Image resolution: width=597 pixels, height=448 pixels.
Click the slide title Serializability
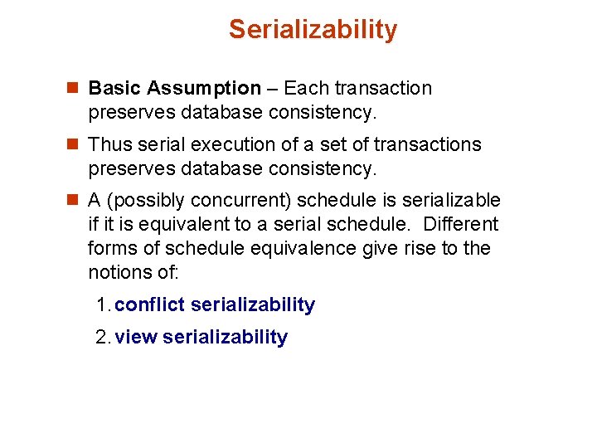(x=313, y=30)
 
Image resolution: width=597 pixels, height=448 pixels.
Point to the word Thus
(x=109, y=145)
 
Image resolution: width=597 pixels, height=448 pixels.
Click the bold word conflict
(x=150, y=305)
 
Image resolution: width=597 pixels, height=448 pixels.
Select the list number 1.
(x=102, y=305)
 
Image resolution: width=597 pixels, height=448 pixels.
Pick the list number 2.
(x=102, y=338)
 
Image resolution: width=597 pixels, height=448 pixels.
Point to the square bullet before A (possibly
(x=73, y=201)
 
